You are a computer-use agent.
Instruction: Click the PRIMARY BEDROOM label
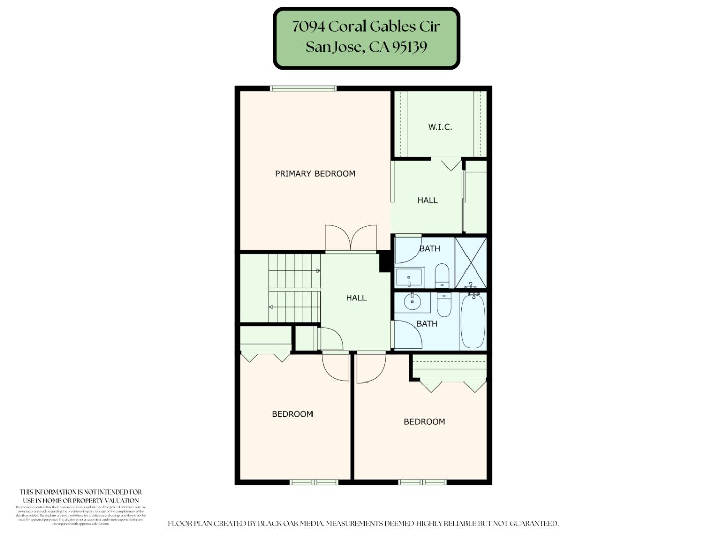click(315, 174)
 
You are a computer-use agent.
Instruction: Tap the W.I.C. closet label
click(440, 127)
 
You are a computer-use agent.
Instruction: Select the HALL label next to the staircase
click(356, 298)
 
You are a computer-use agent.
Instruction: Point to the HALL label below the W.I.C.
click(427, 200)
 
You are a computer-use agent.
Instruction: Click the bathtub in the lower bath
click(473, 320)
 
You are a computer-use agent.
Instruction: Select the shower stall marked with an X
click(471, 263)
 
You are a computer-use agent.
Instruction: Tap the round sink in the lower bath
click(412, 302)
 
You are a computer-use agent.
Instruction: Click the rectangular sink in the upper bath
click(409, 277)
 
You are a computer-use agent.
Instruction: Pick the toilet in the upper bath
click(442, 275)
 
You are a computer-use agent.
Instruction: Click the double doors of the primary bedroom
click(350, 239)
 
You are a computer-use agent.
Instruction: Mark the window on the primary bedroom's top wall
click(303, 89)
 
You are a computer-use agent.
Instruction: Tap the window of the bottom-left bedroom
click(314, 482)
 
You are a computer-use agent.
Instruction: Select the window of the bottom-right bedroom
click(422, 482)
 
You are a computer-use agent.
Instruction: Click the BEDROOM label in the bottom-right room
click(424, 422)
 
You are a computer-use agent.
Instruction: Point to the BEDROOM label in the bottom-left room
click(292, 414)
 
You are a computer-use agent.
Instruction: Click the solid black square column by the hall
click(385, 262)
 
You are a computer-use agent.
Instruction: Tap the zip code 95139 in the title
click(409, 47)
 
